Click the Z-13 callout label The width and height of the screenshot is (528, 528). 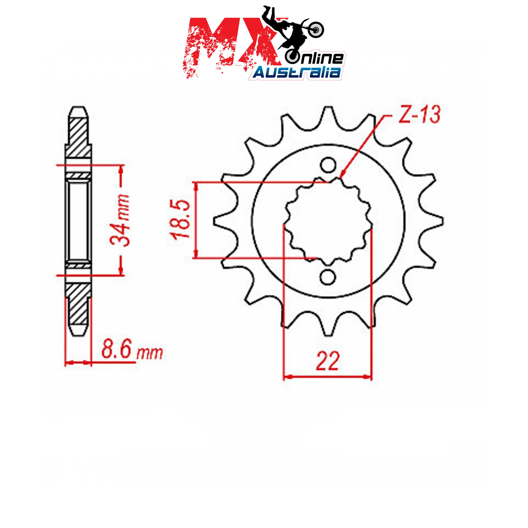pos(419,115)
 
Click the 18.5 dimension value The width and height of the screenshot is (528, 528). pos(181,219)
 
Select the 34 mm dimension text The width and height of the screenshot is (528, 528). pos(119,220)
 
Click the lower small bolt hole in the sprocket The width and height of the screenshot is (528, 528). pos(328,277)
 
